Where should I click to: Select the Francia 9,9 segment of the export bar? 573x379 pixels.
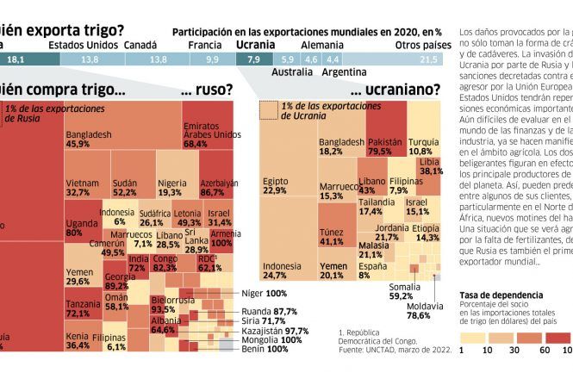[212, 59]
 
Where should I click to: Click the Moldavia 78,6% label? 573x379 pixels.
[419, 311]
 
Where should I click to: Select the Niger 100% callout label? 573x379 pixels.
[264, 294]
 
